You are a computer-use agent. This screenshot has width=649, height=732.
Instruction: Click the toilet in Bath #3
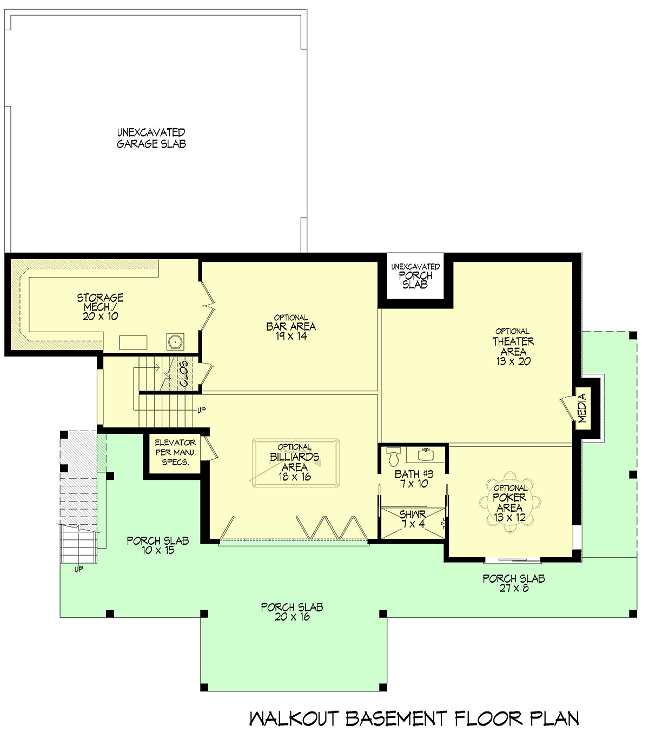393,457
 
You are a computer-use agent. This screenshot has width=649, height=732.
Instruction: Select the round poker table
510,502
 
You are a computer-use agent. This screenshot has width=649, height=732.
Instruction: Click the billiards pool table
295,463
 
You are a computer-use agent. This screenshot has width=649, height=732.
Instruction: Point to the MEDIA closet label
581,408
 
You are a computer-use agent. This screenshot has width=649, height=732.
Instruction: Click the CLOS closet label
183,374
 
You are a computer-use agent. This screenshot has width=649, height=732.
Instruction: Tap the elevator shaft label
175,452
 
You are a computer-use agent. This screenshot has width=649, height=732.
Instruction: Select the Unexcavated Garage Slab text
151,138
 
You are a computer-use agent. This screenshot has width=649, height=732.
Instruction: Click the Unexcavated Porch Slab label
415,276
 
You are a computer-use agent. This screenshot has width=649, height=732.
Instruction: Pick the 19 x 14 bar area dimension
291,335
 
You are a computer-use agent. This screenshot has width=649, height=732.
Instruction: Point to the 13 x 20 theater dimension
513,361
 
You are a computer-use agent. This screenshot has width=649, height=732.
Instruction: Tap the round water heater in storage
175,341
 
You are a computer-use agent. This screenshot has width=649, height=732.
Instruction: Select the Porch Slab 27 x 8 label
514,583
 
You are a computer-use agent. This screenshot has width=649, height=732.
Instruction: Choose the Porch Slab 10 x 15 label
158,545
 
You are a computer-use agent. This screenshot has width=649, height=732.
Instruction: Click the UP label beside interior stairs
201,410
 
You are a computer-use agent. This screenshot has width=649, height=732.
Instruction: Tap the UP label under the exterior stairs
79,569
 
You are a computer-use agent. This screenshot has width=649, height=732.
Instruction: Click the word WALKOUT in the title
294,718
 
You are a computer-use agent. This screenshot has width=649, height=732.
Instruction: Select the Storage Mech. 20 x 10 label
100,307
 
